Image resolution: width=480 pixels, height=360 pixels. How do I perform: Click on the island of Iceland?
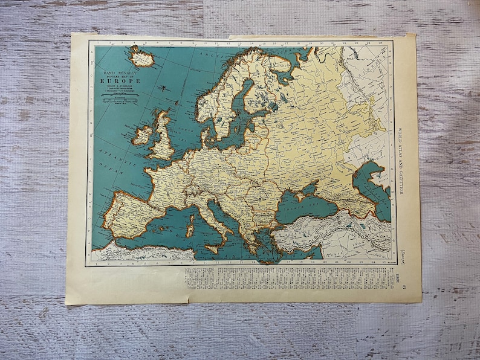(x=141, y=57)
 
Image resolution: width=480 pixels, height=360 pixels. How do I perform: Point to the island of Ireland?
(x=143, y=135)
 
